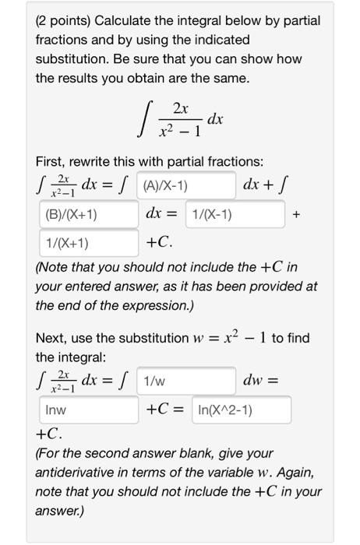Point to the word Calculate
(x=127, y=20)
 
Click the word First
(x=51, y=161)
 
